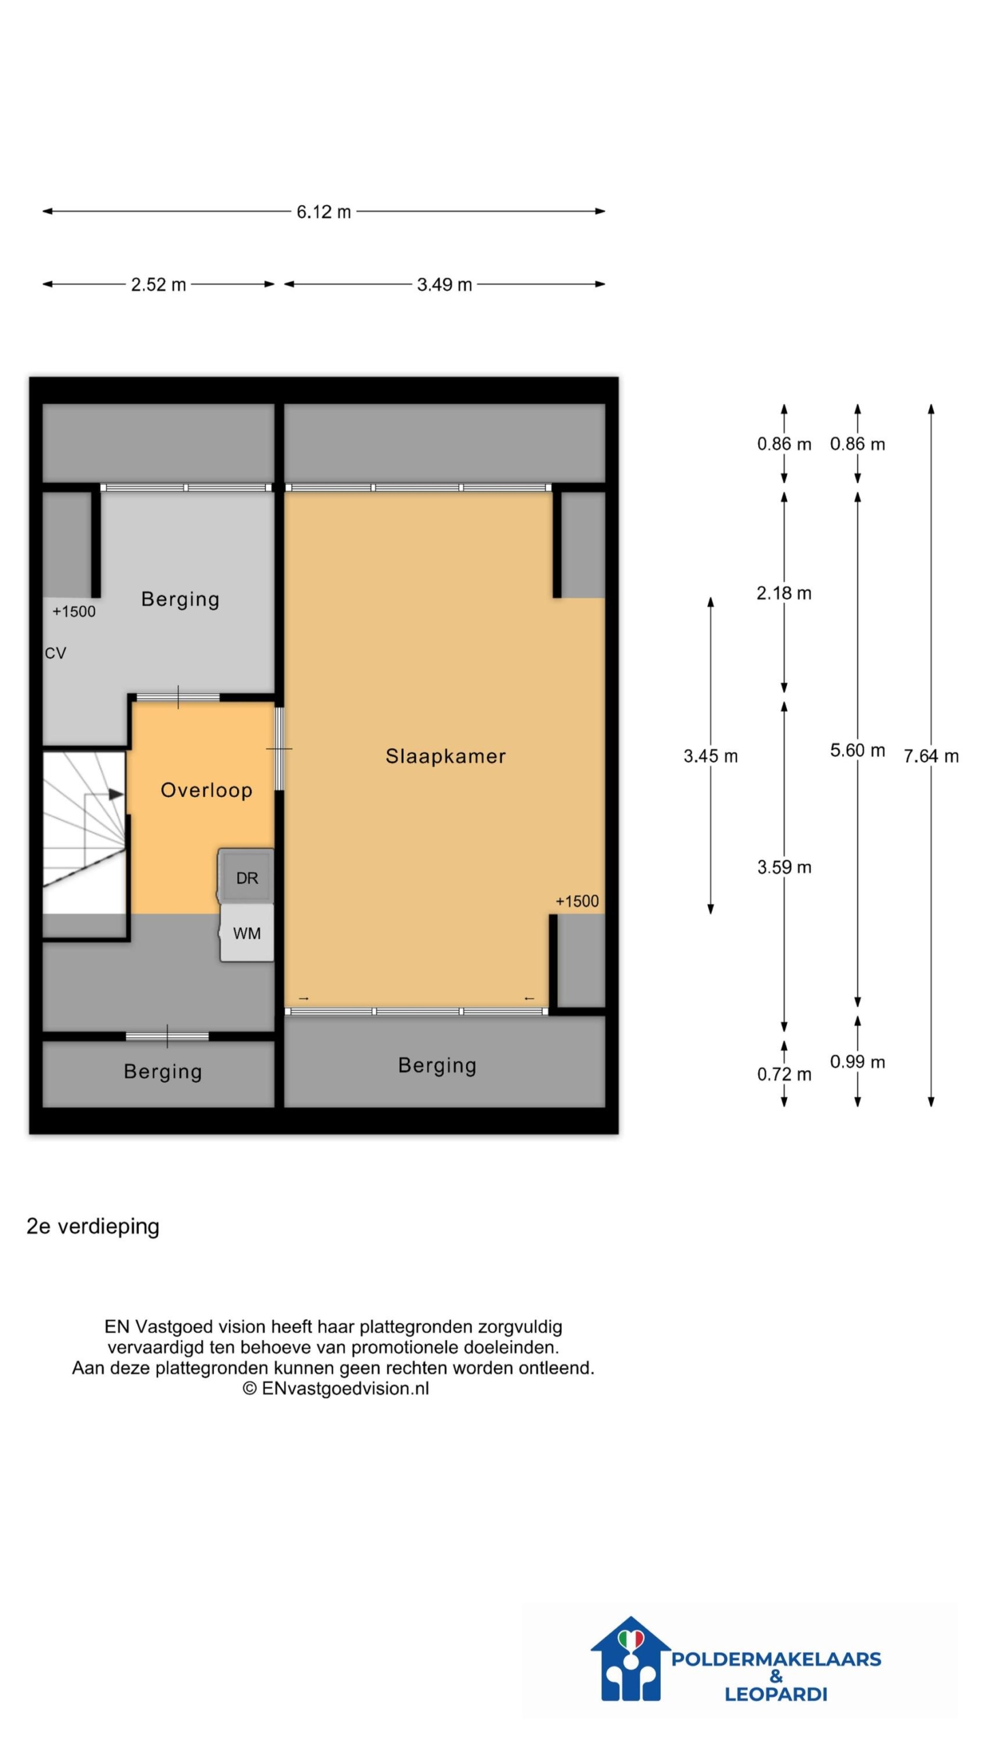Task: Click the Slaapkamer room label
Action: pyautogui.click(x=446, y=756)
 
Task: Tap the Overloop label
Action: pyautogui.click(x=206, y=790)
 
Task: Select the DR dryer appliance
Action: pyautogui.click(x=247, y=876)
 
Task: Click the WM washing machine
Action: pyautogui.click(x=247, y=933)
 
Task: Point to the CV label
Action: pyautogui.click(x=55, y=653)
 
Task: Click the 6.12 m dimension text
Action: pyautogui.click(x=324, y=212)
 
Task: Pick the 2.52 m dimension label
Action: pyautogui.click(x=158, y=285)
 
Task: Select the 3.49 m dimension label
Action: pyautogui.click(x=444, y=285)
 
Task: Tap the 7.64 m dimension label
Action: pyautogui.click(x=931, y=756)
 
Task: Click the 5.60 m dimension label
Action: pyautogui.click(x=858, y=751)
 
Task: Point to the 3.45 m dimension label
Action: pyautogui.click(x=711, y=756)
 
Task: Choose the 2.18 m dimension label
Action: pyautogui.click(x=784, y=593)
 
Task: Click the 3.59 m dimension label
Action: pyautogui.click(x=784, y=867)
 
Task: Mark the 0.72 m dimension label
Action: pyautogui.click(x=784, y=1074)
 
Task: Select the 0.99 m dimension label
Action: pyautogui.click(x=858, y=1062)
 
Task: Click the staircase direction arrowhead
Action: pyautogui.click(x=116, y=794)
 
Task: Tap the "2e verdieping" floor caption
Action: pyautogui.click(x=93, y=1226)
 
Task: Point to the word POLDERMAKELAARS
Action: pyautogui.click(x=776, y=1659)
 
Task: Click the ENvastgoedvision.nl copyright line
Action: pyautogui.click(x=336, y=1388)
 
